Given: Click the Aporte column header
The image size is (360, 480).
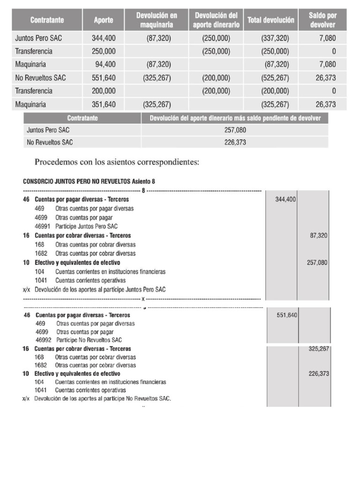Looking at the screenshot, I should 103,20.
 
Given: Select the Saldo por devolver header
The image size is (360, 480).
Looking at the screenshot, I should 322,20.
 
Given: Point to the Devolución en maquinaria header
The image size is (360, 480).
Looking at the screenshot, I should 157,20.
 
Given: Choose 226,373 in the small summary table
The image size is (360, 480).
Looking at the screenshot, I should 235,142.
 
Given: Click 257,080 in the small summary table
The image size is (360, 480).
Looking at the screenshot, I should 235,130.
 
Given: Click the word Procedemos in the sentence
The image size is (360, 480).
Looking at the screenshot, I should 58,163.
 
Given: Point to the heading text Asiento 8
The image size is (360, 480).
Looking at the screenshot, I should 147,182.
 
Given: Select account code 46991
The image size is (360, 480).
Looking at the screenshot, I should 43,226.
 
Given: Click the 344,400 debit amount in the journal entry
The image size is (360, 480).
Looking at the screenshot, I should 285,200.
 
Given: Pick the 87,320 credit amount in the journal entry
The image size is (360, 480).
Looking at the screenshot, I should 319,236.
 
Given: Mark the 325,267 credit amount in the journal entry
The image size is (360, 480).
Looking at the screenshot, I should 319,349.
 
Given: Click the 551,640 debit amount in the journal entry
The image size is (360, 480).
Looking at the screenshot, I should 287,315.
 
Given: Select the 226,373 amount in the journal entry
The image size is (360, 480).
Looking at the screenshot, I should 319,374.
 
